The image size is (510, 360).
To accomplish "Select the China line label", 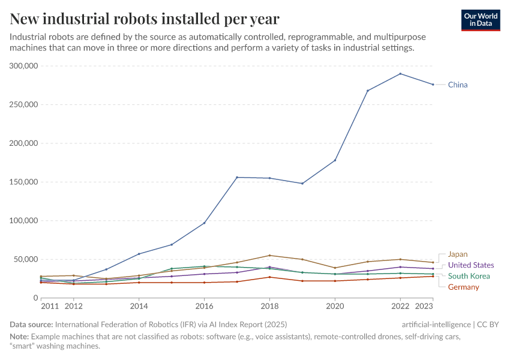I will [x=457, y=85].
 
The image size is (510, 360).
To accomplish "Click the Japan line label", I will [x=457, y=254].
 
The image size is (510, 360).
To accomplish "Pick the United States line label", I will [x=471, y=265].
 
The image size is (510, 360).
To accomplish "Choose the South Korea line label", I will [x=469, y=276].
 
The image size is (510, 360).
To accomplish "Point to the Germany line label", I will [x=463, y=287].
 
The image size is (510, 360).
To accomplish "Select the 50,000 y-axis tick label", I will [x=26, y=259].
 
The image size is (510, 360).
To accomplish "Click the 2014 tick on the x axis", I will [x=139, y=306].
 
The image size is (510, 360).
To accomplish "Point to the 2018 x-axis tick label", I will [x=269, y=306].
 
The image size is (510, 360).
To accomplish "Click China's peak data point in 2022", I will [x=400, y=74].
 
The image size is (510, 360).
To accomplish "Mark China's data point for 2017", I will [x=237, y=177].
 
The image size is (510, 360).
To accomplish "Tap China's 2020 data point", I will [x=335, y=160].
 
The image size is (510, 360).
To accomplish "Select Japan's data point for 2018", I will [x=269, y=256].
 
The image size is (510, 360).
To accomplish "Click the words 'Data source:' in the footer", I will [x=31, y=325].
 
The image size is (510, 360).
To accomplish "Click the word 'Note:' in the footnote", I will [x=19, y=337].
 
